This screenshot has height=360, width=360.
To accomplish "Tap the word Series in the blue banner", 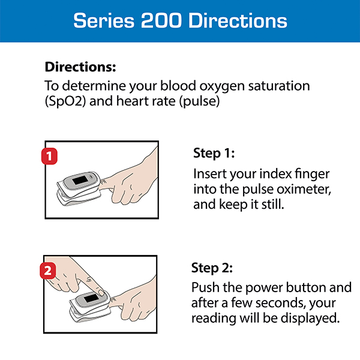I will coord(101,20).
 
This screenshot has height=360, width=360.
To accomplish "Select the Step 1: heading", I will coord(214,153).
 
